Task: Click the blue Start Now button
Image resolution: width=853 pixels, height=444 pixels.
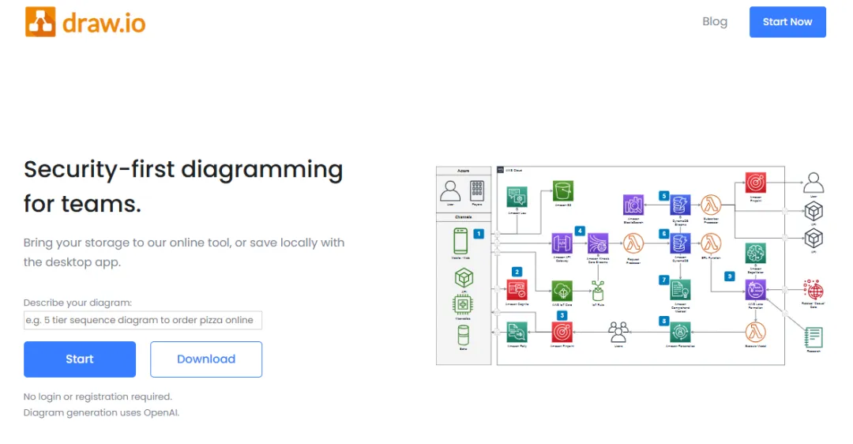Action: pos(787,22)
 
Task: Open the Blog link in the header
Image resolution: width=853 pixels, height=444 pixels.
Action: pos(714,21)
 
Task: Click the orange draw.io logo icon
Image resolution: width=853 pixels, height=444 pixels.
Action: pos(40,22)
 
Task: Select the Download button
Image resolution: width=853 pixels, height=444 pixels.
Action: pos(205,359)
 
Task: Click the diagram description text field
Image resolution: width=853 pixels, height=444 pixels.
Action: pos(143,320)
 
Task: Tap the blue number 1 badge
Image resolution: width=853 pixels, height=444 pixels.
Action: pos(478,234)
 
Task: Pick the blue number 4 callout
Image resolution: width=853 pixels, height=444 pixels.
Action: pos(580,231)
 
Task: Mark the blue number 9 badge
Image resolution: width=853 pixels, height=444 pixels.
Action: pos(729,276)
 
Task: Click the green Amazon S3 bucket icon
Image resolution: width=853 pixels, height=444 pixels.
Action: pos(562,190)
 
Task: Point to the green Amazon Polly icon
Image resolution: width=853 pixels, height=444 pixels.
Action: pos(517,331)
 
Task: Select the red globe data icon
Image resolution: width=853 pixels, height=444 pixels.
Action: pos(813,290)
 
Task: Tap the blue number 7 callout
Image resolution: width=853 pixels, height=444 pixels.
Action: pos(664,280)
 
